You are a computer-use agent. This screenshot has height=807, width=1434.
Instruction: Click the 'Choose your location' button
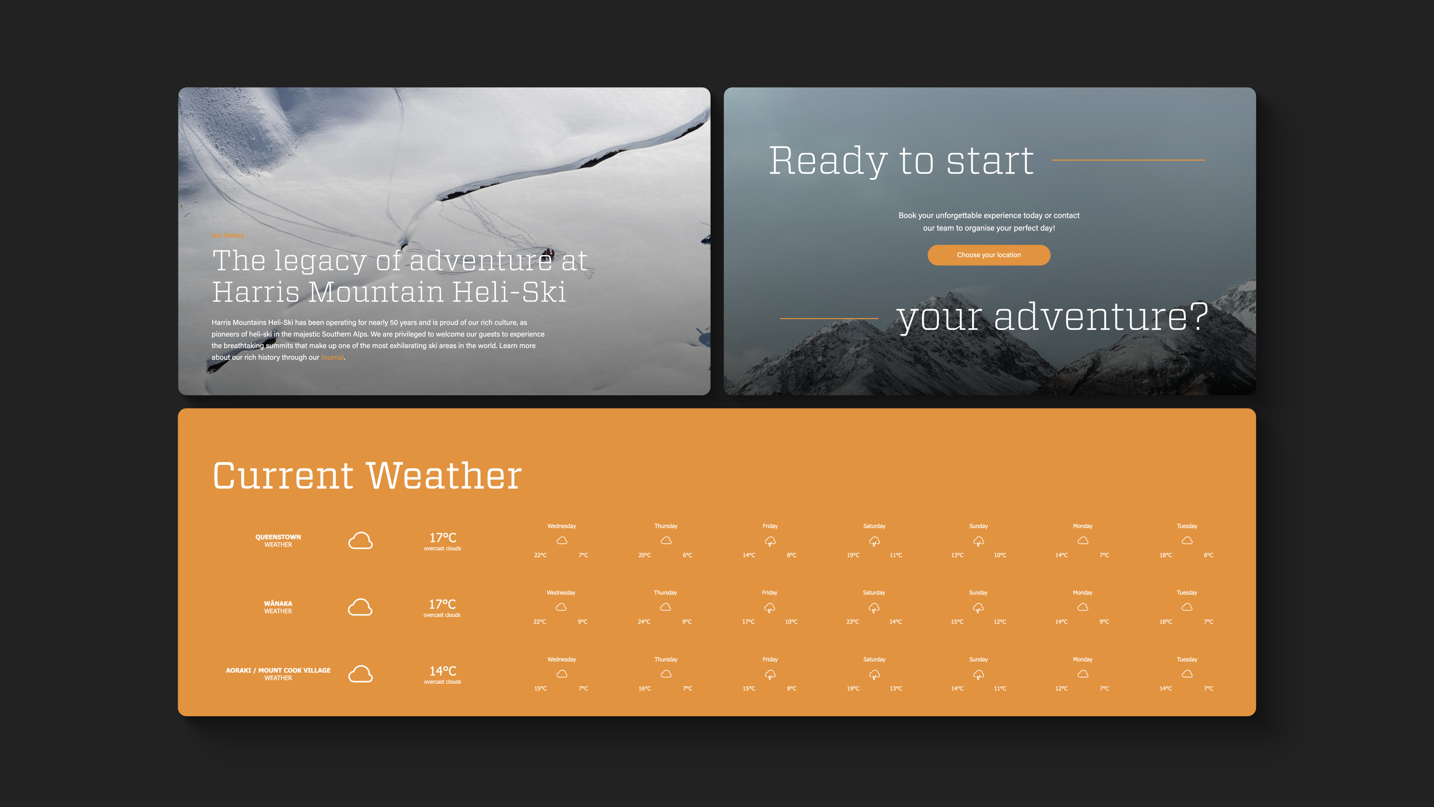[x=988, y=255]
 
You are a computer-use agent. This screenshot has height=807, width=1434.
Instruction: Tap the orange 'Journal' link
[x=332, y=358]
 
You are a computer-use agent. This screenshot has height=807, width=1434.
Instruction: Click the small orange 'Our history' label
[x=228, y=236]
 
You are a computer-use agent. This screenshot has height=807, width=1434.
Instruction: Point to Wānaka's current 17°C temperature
[x=442, y=604]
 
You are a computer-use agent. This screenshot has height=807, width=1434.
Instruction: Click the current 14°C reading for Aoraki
[x=443, y=671]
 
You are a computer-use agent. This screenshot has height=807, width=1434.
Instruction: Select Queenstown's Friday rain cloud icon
[x=770, y=541]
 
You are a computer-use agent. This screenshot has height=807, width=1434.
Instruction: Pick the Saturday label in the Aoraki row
[x=874, y=659]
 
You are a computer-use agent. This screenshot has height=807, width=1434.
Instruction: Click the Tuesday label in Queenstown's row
[x=1187, y=526]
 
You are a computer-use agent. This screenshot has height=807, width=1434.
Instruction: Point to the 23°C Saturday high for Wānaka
[x=852, y=622]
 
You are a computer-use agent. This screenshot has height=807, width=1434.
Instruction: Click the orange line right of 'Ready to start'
[x=1129, y=160]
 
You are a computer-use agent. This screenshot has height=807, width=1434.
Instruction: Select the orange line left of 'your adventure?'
[x=829, y=319]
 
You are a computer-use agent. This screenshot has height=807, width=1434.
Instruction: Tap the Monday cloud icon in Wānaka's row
[x=1082, y=607]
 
